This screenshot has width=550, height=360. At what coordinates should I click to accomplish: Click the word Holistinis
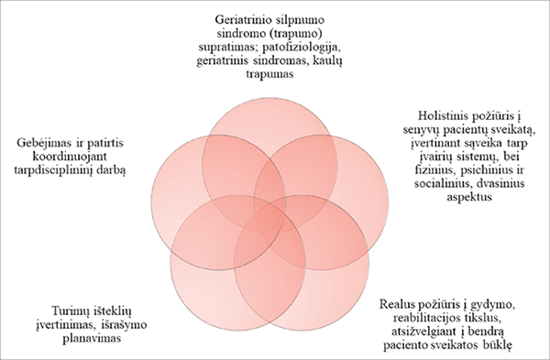pos(441,115)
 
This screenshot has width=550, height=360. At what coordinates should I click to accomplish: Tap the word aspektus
pos(469,197)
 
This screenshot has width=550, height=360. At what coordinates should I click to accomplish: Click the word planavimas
pos(92,338)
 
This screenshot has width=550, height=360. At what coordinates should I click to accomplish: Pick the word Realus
pos(396,304)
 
